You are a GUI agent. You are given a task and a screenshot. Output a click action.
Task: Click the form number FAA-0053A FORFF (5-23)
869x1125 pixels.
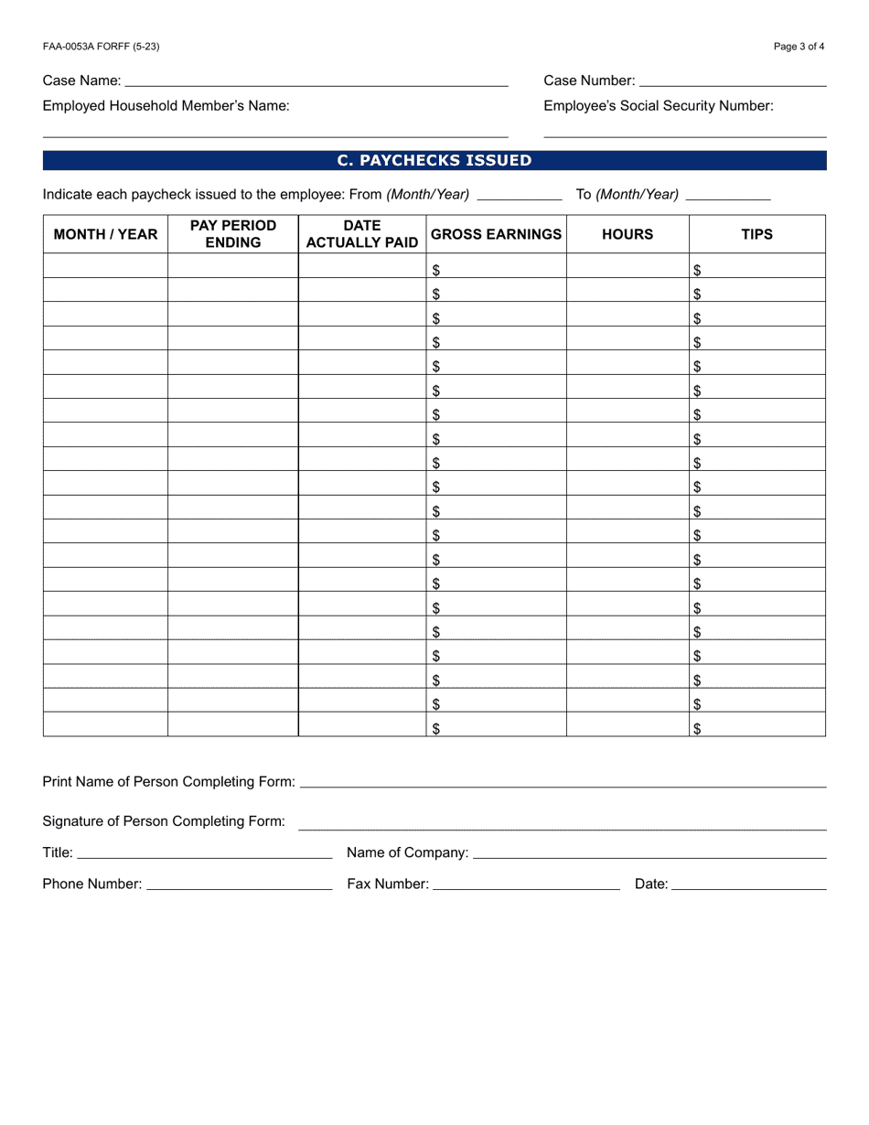pos(94,47)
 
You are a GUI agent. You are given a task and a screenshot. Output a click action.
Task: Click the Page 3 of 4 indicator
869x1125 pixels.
pos(799,47)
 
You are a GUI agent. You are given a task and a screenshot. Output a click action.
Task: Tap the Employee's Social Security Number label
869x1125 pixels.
pos(659,106)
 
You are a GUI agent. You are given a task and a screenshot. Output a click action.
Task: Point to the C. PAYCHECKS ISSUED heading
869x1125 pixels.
pos(434,161)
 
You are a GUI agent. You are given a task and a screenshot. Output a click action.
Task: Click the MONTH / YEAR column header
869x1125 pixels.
pos(105,234)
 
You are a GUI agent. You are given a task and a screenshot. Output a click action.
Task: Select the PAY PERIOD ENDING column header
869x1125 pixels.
pos(233,234)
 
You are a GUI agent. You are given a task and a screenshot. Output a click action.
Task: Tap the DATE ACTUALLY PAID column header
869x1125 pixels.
pos(362,234)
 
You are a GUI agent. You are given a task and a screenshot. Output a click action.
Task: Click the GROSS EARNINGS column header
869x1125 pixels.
pos(496,234)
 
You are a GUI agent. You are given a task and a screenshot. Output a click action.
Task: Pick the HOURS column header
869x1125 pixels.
pos(628,234)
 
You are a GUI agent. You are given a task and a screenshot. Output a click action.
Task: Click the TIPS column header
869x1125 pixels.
pos(756,234)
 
